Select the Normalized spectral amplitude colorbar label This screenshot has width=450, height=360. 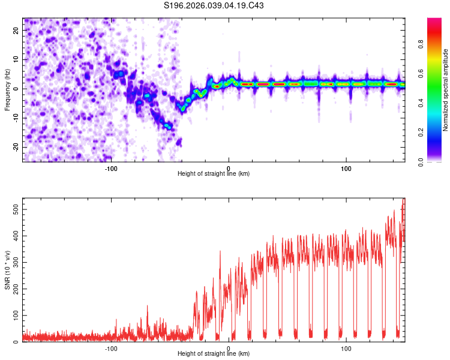pos(446,90)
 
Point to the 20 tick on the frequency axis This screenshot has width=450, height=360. pos(16,30)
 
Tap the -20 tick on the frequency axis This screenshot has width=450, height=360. pos(15,147)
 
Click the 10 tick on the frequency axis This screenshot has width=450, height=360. pos(16,59)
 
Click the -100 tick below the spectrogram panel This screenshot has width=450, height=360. pos(110,169)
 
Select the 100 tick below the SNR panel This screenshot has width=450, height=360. pos(346,349)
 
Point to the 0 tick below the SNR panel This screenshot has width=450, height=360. pos(229,349)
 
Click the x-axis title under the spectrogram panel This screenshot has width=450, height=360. pos(214,174)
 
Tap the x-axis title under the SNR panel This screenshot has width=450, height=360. pos(214,354)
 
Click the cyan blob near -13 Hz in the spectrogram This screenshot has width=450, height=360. pos(169,127)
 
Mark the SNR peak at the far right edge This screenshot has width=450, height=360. pos(403,201)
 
